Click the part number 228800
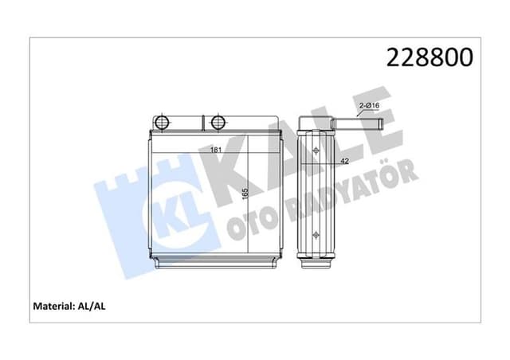430,57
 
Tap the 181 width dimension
215,149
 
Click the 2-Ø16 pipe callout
369,105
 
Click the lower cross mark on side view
316,234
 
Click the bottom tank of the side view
316,260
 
